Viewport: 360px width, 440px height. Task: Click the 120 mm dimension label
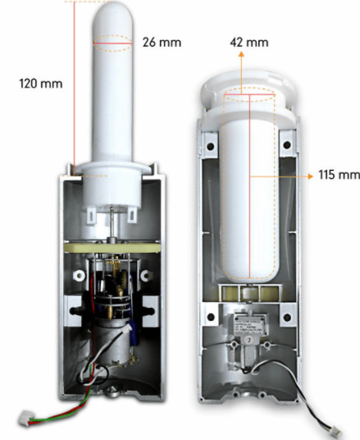click(41, 84)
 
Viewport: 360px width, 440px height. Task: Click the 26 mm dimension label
click(162, 43)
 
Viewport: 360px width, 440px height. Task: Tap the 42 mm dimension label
click(249, 43)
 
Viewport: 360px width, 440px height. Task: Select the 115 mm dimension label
click(339, 175)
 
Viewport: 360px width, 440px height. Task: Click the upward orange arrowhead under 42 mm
click(241, 54)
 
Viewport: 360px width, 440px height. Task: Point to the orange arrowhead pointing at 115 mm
click(310, 176)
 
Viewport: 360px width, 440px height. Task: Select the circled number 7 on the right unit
click(248, 340)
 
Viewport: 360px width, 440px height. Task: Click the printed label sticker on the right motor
click(249, 325)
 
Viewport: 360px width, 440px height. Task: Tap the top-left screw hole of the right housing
click(210, 146)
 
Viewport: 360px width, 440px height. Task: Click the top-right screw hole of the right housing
click(287, 144)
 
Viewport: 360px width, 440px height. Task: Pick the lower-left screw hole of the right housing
click(211, 318)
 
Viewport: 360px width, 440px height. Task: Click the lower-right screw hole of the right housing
click(287, 318)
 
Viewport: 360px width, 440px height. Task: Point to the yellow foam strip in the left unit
click(112, 248)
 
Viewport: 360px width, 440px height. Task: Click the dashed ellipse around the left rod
click(112, 44)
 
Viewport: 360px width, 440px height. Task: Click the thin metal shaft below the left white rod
click(112, 222)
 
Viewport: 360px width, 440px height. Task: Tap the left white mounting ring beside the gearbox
click(79, 276)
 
